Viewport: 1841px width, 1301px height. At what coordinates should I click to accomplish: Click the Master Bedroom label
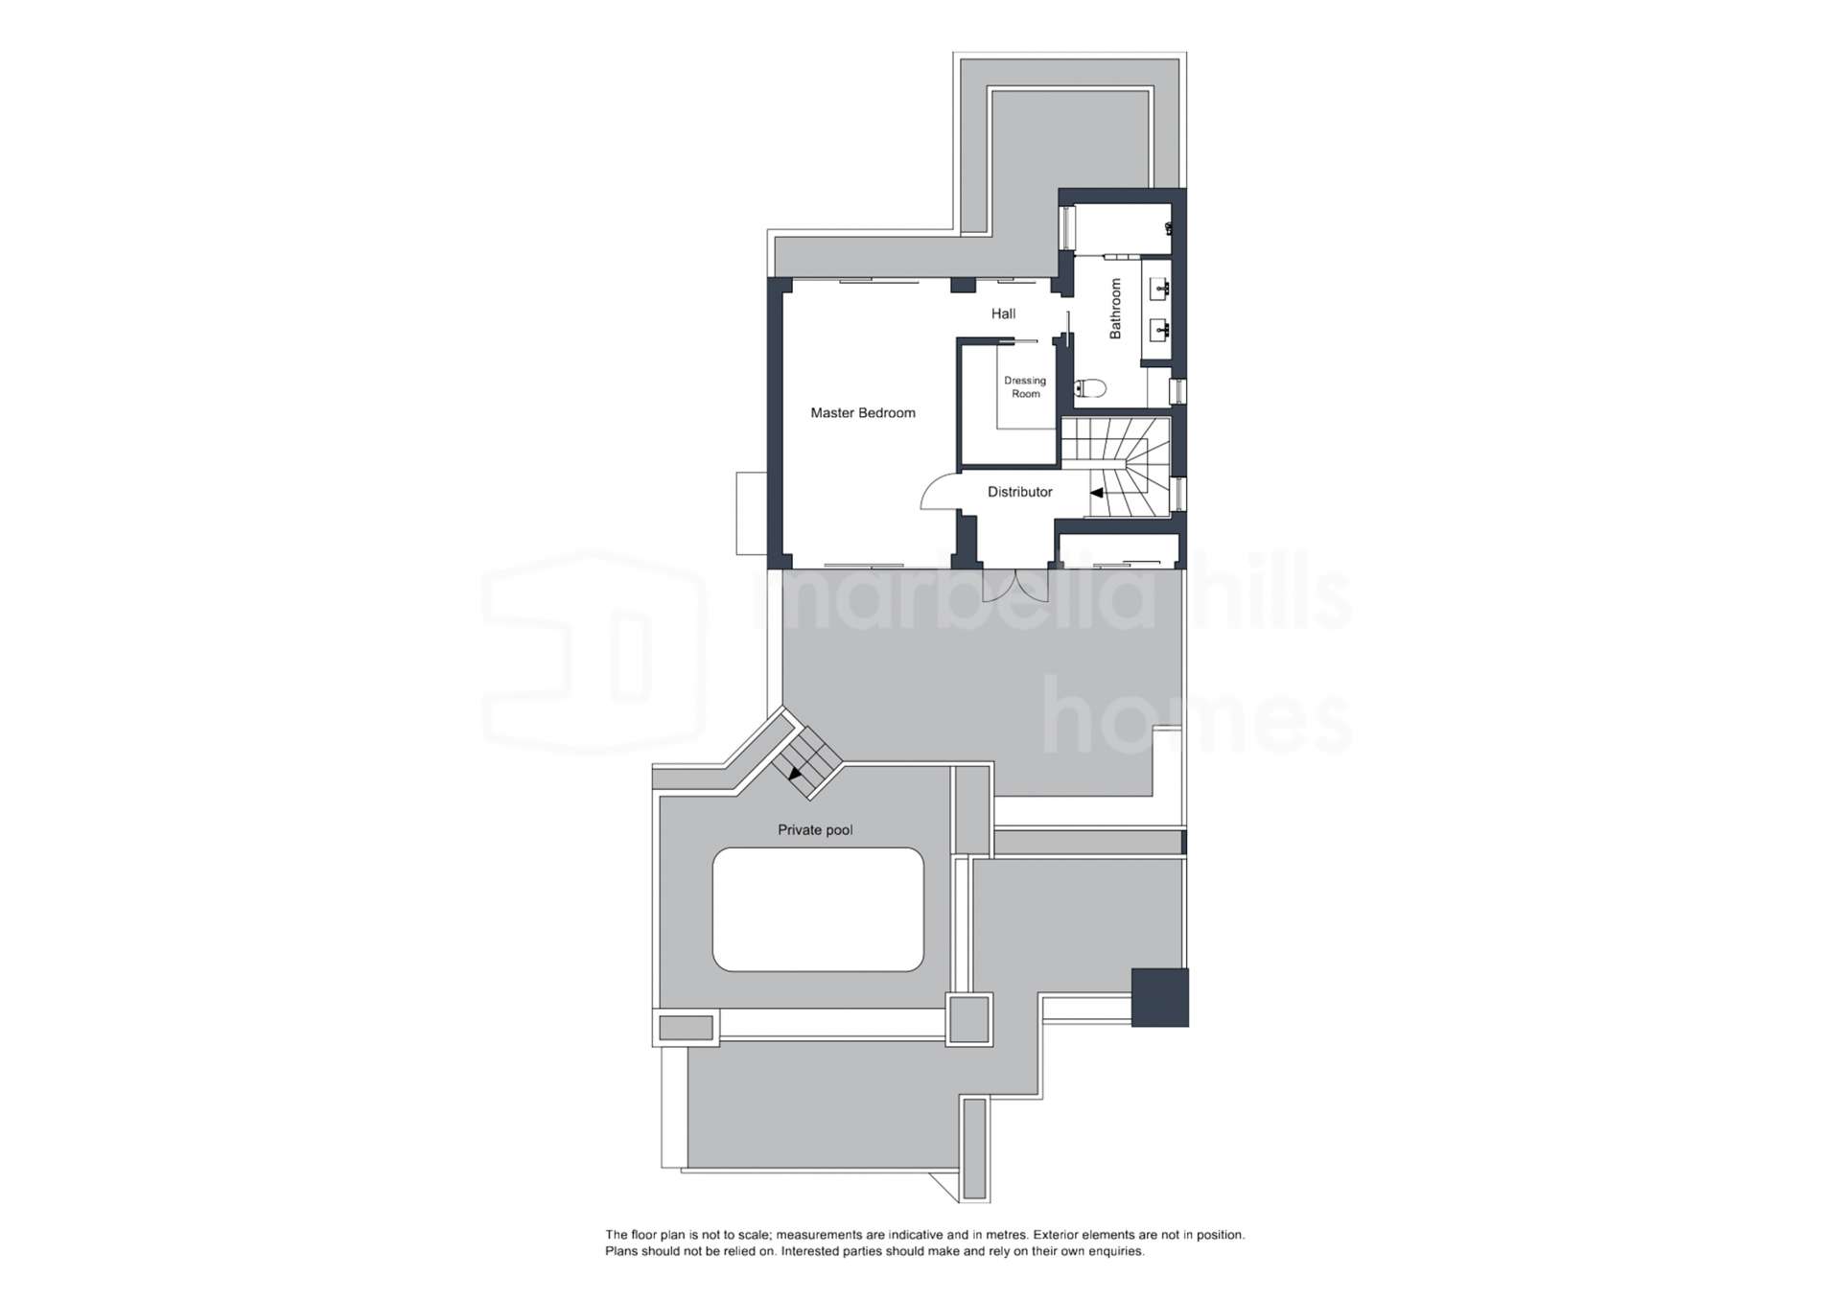863,413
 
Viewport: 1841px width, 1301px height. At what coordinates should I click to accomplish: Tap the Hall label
1004,314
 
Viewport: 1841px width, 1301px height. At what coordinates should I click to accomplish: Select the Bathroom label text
1115,309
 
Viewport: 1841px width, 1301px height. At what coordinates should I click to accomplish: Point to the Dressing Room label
1025,387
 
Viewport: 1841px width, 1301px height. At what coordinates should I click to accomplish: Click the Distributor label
1020,492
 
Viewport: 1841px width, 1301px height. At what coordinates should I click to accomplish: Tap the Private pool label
815,830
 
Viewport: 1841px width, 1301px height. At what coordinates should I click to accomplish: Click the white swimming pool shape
818,909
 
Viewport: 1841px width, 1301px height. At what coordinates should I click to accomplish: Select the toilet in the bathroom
1091,388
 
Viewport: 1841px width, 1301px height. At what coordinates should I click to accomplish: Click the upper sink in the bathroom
1160,288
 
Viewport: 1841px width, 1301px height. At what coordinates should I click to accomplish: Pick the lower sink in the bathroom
1160,331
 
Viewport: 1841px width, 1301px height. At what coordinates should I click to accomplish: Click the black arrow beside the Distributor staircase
1096,493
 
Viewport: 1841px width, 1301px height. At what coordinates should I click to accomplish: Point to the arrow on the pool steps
796,772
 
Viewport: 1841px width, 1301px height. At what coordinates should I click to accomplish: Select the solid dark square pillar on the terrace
1160,998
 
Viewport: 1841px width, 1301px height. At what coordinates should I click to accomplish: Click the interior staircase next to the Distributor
1116,467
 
